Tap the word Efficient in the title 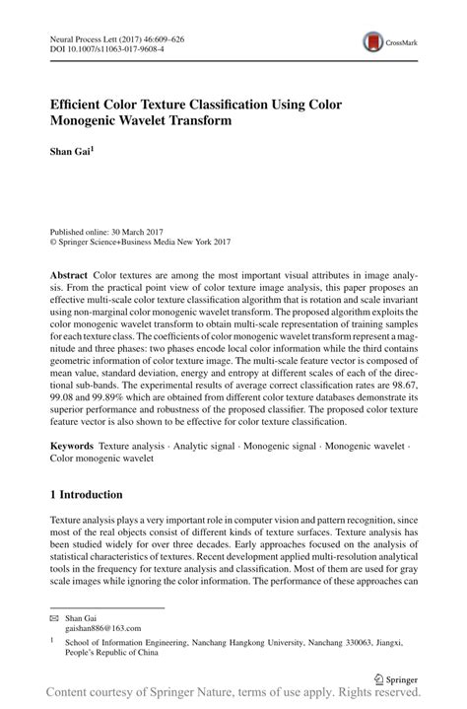80,103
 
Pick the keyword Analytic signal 202,447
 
